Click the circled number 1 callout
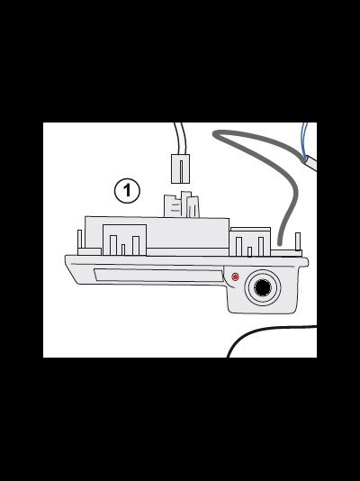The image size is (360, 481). coord(127,190)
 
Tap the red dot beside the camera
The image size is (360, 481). coord(235,277)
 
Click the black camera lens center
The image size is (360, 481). coord(263,287)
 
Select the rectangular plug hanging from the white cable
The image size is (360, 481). coord(180,168)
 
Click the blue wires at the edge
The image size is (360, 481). coord(304,141)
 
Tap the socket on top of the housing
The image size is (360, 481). coord(182,204)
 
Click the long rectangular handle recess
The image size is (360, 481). coord(158,275)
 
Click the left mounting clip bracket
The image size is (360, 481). coord(124,240)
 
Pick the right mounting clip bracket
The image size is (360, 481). coord(250,242)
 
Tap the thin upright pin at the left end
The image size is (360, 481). coord(80,239)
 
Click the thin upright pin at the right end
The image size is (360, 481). coord(298,241)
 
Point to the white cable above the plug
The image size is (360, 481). coord(180,138)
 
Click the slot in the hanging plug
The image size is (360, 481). coord(181,169)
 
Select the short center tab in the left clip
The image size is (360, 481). coord(123,250)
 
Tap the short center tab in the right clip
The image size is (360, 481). coord(249,251)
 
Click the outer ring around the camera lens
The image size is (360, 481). coord(263,287)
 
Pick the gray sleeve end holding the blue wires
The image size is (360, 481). coord(310,162)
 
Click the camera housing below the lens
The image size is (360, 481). coord(263,309)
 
